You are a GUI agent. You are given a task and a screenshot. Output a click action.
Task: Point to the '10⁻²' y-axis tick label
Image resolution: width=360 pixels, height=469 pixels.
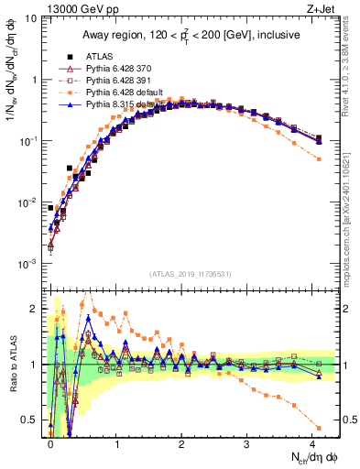tap(28, 202)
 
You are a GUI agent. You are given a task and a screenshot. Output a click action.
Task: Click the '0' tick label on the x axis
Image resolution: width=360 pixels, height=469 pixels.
tap(50, 443)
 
